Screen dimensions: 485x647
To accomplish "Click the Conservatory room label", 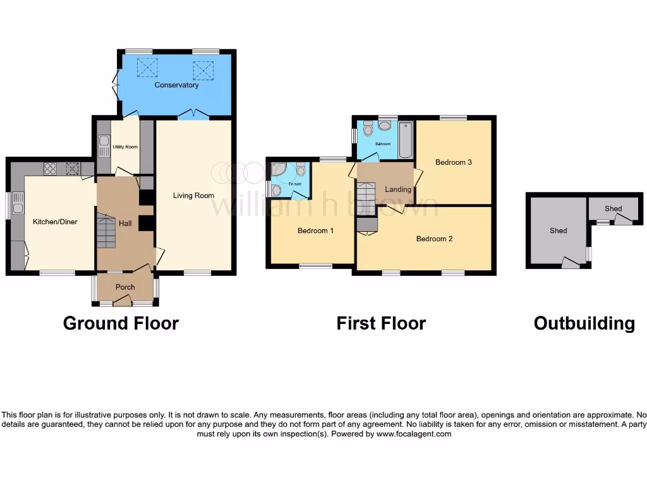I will (177, 85).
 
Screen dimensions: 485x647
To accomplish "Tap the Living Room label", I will (194, 196).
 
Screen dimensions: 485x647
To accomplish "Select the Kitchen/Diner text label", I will (55, 222).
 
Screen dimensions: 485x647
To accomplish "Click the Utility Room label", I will (125, 147).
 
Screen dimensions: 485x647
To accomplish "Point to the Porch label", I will (125, 287).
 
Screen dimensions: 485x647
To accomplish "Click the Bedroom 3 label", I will (454, 162).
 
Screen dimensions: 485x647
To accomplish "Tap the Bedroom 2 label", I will (434, 239).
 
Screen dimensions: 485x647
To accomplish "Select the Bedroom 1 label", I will (315, 231).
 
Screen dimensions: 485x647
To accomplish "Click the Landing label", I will (398, 189).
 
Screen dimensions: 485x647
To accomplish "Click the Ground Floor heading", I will (121, 323).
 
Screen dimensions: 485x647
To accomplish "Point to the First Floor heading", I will (381, 323).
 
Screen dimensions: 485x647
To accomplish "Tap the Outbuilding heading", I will (584, 323).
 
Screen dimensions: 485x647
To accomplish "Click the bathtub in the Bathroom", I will (405, 140).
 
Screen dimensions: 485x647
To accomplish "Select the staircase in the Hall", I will (107, 230).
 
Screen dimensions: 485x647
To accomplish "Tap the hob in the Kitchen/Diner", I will (50, 169).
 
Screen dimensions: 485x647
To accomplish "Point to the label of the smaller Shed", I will (613, 208).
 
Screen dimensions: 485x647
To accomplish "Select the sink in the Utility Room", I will (104, 142).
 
